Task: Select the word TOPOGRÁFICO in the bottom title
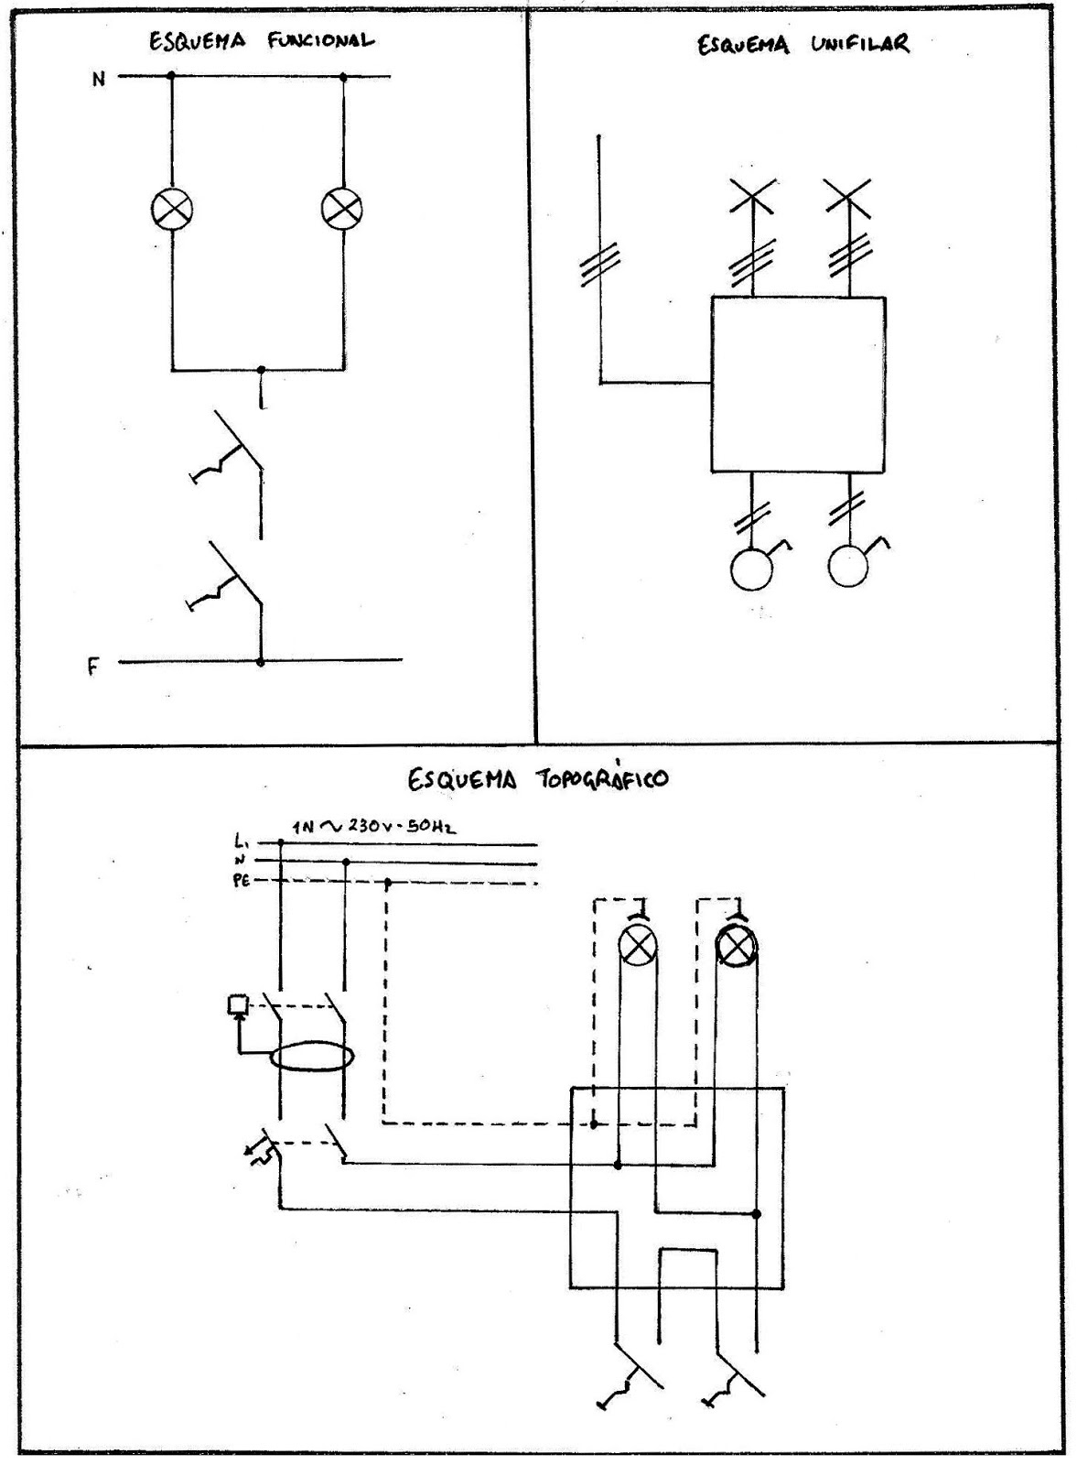pyautogui.click(x=601, y=779)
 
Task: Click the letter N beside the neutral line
pyautogui.click(x=98, y=80)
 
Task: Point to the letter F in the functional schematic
pyautogui.click(x=93, y=667)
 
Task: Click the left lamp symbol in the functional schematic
pyautogui.click(x=172, y=210)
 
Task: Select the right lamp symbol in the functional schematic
pyautogui.click(x=342, y=210)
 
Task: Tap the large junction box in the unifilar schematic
pyautogui.click(x=798, y=384)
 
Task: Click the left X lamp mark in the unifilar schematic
pyautogui.click(x=753, y=196)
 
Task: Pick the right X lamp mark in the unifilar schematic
pyautogui.click(x=847, y=196)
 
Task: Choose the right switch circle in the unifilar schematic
pyautogui.click(x=847, y=567)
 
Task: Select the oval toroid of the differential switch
pyautogui.click(x=311, y=1057)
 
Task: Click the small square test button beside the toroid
pyautogui.click(x=237, y=1004)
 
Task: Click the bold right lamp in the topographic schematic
pyautogui.click(x=735, y=947)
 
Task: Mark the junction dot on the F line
pyautogui.click(x=261, y=661)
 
